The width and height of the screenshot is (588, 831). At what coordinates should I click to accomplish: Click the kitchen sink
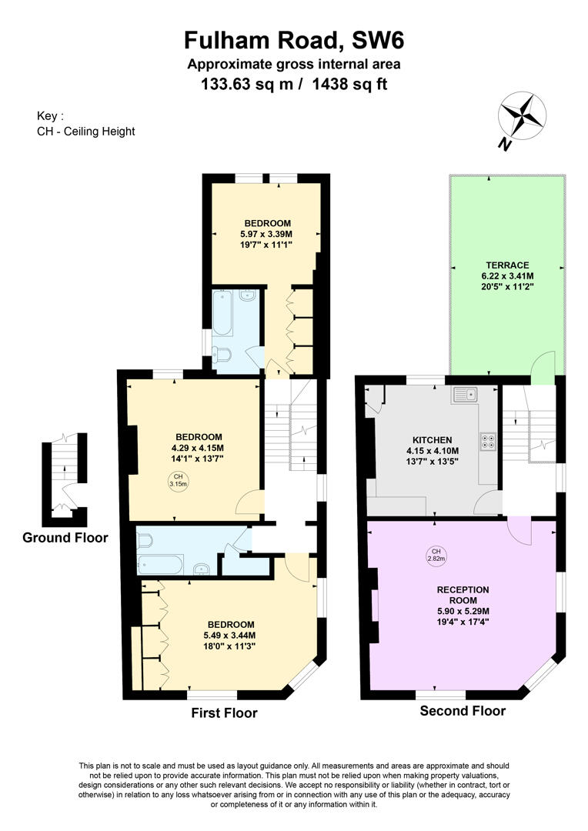tap(465, 395)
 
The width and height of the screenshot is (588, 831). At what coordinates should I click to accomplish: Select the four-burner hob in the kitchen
tap(487, 442)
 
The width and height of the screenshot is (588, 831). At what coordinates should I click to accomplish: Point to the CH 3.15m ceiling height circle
tap(178, 482)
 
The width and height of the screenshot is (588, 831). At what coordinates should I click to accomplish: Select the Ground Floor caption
tap(65, 537)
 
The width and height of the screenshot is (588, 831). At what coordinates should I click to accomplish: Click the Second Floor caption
tap(463, 711)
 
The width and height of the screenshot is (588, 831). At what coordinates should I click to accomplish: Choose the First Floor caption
tap(224, 713)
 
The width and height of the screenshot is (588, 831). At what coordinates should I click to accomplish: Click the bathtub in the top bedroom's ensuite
tap(222, 312)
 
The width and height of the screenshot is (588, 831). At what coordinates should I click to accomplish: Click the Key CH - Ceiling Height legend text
tap(85, 124)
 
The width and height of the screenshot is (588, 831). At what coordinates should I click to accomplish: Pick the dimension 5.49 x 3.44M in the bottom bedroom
tap(229, 636)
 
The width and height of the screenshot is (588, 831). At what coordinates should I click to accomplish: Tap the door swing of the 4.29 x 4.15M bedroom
tap(249, 502)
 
